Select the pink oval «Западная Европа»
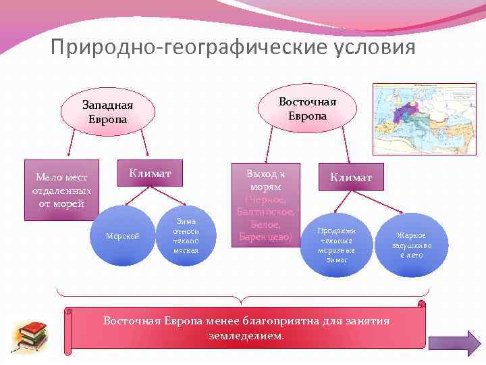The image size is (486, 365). point(108,112)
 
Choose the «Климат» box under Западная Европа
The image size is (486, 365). point(150,174)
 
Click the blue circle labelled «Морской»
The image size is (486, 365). point(123,236)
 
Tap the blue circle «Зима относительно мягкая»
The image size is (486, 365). point(186,236)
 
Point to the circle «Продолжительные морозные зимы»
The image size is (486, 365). point(335,245)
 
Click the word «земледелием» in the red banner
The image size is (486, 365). point(246,335)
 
